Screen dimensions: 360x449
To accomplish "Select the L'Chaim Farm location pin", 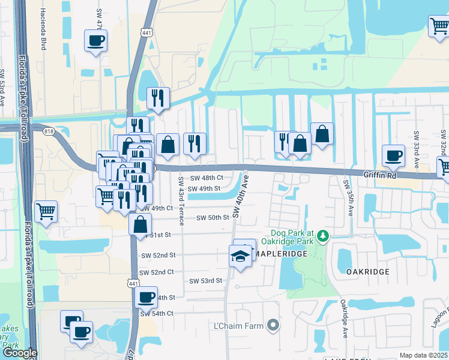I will pos(274,326).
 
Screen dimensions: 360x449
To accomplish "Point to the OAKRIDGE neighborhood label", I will pos(368,271).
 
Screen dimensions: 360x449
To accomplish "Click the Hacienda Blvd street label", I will pos(43,21).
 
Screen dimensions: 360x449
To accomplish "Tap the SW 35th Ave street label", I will pos(346,197).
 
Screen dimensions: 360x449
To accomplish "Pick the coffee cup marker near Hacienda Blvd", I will pos(96,41).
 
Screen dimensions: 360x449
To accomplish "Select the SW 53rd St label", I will pos(206,280).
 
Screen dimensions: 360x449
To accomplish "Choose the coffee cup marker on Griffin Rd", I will pos(394,156).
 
